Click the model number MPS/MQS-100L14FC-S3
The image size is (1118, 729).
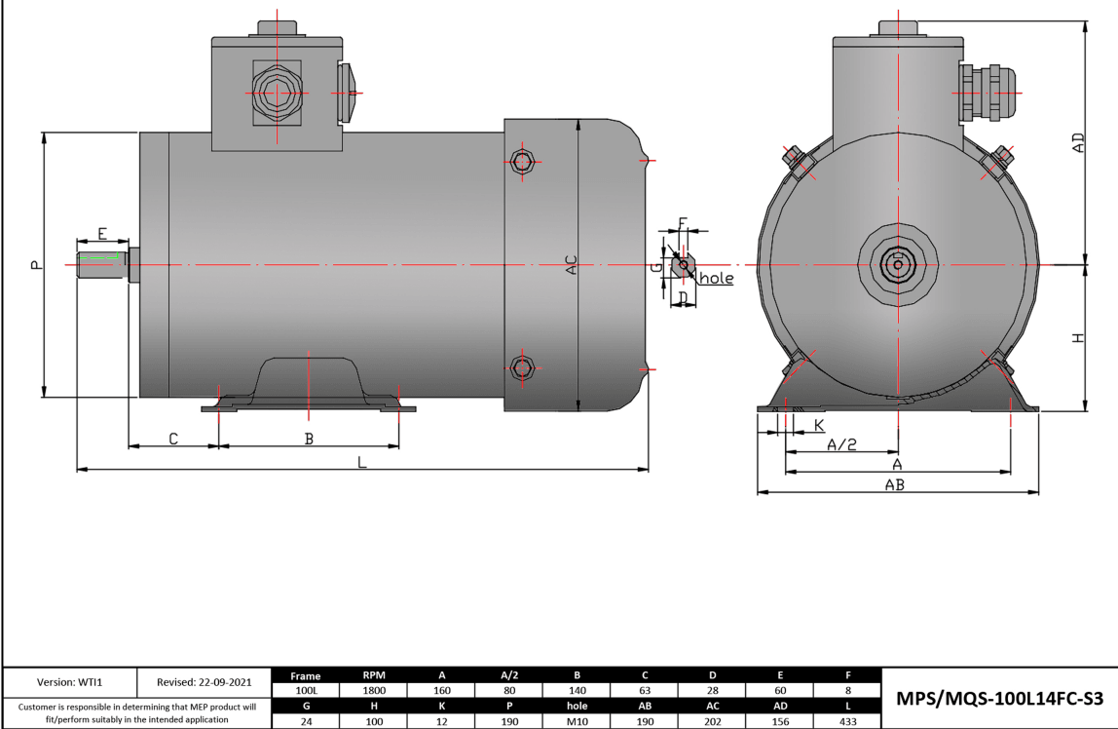pyautogui.click(x=999, y=699)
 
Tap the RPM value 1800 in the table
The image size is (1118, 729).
pyautogui.click(x=374, y=689)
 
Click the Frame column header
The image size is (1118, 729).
pyautogui.click(x=305, y=674)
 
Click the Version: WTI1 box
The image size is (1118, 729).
pyautogui.click(x=70, y=682)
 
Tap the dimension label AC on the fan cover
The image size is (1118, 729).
pyautogui.click(x=572, y=264)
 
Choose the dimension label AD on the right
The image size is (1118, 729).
pyautogui.click(x=1077, y=143)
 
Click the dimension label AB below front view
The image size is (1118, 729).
pyautogui.click(x=894, y=484)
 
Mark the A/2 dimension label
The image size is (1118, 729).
pyautogui.click(x=841, y=444)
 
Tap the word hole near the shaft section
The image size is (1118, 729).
pyautogui.click(x=716, y=279)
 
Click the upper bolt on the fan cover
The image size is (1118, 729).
pyautogui.click(x=523, y=161)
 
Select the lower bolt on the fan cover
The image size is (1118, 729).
pyautogui.click(x=523, y=366)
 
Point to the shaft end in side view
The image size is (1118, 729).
pyautogui.click(x=101, y=265)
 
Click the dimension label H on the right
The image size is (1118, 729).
pyautogui.click(x=1077, y=337)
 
